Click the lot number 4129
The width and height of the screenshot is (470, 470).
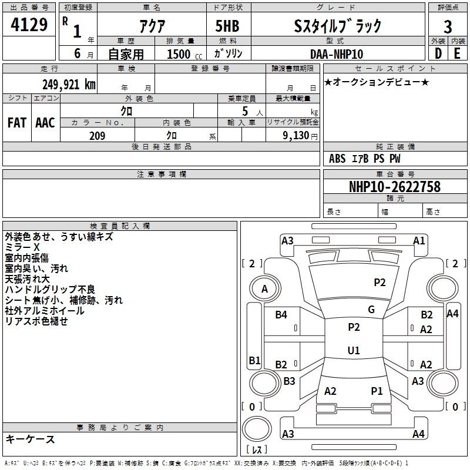point(29,24)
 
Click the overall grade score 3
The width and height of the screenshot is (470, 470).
point(448,27)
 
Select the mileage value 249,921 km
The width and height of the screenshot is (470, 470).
point(69,85)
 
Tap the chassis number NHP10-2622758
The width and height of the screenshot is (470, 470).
point(395,187)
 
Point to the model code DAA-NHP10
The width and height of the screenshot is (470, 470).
point(337,54)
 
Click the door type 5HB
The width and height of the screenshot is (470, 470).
point(227,26)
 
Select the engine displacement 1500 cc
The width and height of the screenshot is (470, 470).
point(184,54)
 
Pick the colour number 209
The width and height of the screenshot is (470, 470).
point(97,136)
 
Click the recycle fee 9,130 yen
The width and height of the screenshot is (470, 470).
point(300,136)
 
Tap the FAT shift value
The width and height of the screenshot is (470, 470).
point(17,123)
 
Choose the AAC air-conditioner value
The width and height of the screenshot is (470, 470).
point(45,123)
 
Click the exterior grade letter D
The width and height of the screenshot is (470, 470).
point(438,53)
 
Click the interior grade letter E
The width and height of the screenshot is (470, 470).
point(457,53)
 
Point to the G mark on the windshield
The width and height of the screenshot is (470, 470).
point(371,310)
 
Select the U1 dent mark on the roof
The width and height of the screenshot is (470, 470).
point(354,350)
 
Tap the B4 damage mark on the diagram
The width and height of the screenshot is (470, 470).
point(281,314)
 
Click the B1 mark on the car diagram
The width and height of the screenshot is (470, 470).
point(254,360)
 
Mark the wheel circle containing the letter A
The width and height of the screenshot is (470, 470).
point(265,289)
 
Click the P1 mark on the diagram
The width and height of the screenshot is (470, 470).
point(377,391)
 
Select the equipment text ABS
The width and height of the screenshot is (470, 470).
point(337,159)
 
